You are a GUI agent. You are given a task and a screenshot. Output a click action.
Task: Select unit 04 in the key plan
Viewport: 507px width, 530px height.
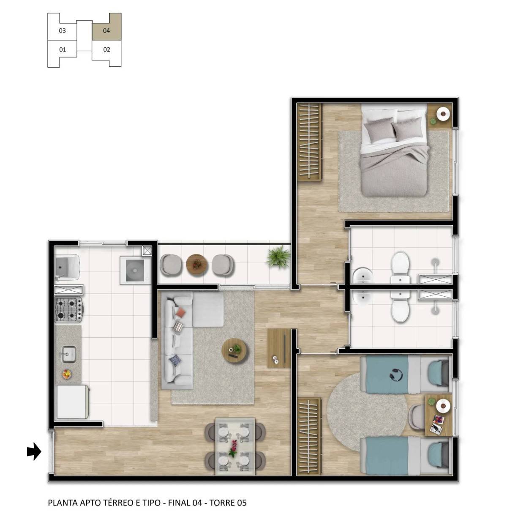coord(106,30)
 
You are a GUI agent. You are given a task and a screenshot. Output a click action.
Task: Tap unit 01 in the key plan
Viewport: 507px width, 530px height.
coord(63,49)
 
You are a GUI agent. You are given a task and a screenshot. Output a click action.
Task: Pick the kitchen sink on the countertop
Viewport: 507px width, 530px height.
coord(68,353)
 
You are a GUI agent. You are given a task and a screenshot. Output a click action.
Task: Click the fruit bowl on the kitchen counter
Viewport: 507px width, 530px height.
coord(66,374)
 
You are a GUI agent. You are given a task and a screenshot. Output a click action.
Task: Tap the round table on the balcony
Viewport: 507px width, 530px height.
coord(197,265)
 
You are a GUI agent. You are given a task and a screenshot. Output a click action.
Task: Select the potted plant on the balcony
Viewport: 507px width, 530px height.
coord(278,256)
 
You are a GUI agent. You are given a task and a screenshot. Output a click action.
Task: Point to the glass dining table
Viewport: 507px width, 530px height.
coord(235,446)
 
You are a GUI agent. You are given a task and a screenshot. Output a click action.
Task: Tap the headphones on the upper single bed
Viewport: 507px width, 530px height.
coord(396,374)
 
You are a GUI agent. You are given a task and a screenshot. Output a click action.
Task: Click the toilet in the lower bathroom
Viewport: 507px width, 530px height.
coord(400,306)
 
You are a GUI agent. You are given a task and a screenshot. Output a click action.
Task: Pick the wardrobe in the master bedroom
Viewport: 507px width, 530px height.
coord(309,142)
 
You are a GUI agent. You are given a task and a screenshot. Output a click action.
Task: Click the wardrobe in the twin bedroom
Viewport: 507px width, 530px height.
coord(309,436)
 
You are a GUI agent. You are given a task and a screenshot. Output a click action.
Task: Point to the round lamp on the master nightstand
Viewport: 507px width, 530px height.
coord(443,113)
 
